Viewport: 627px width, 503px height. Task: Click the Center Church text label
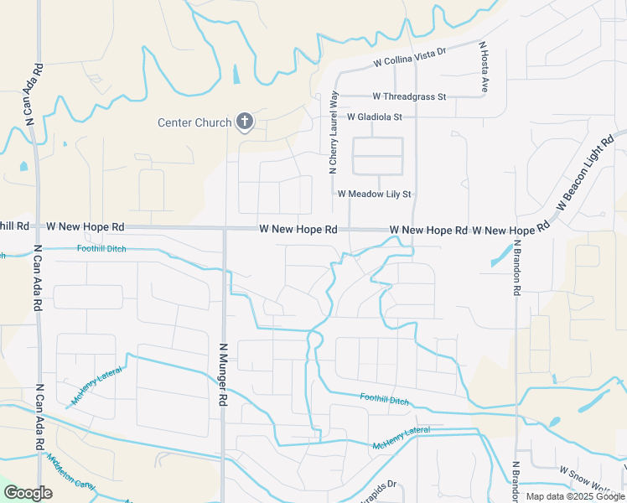pos(194,123)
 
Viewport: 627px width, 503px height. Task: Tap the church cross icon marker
pos(245,122)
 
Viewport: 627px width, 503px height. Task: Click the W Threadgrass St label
pos(409,97)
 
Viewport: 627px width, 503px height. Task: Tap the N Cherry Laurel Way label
pos(334,132)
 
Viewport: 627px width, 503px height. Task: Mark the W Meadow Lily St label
pos(375,194)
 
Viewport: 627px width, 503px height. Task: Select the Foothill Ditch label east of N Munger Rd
pos(384,400)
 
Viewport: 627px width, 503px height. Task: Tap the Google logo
pos(28,493)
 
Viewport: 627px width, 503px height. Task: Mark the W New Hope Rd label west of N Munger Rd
pos(85,227)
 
